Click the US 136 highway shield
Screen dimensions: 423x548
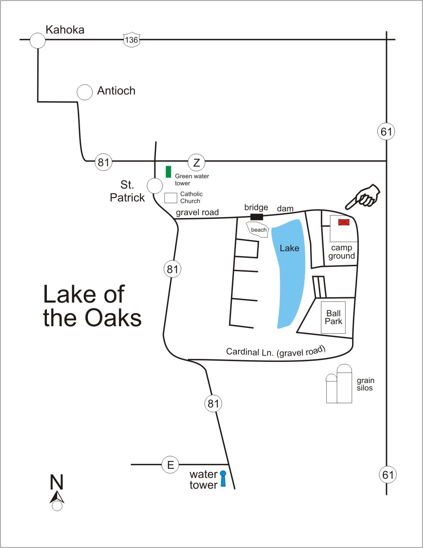point(131,40)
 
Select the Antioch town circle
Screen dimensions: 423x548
point(85,92)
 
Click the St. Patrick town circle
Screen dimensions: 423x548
point(155,186)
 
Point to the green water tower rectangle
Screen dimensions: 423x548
point(168,172)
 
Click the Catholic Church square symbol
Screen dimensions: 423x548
point(170,198)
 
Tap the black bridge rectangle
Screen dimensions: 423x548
point(257,217)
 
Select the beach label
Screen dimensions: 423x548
point(258,230)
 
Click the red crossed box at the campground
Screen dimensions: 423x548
point(344,222)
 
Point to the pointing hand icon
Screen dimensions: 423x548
point(363,197)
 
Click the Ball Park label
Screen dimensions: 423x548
point(333,317)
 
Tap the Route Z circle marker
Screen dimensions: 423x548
point(196,162)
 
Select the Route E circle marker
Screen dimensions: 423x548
point(170,465)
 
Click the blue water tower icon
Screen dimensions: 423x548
point(223,478)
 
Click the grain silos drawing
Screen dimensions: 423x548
point(339,383)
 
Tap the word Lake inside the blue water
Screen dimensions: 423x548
point(289,248)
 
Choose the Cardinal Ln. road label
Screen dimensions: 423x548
point(276,352)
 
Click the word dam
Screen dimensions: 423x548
point(285,209)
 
